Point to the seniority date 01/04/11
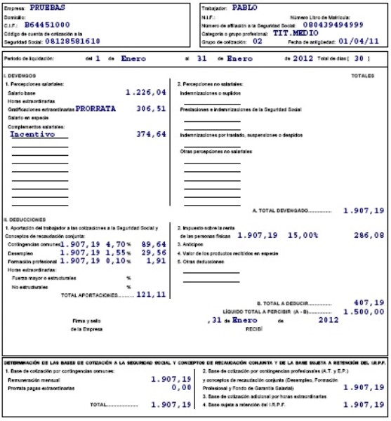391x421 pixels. click(358, 41)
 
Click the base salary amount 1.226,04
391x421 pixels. click(145, 91)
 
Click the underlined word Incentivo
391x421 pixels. click(34, 134)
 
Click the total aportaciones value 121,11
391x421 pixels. click(151, 293)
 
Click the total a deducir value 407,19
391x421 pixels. click(369, 303)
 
